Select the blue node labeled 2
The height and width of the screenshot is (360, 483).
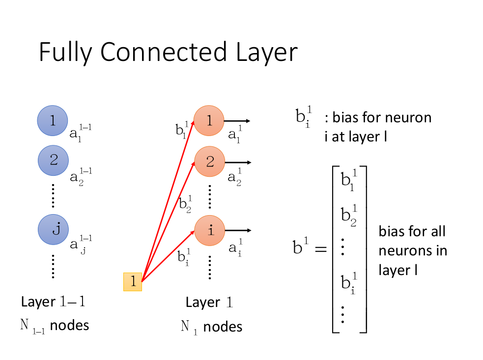click(x=54, y=160)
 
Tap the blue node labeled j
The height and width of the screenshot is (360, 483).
click(x=54, y=229)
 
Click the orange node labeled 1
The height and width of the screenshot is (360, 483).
click(x=209, y=121)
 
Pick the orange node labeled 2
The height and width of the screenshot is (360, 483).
click(x=210, y=162)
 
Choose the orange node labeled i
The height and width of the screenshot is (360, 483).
click(x=210, y=230)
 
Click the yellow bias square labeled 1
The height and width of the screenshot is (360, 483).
click(x=133, y=281)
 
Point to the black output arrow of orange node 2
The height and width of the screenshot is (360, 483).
click(x=238, y=162)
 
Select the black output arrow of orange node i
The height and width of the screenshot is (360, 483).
click(x=238, y=230)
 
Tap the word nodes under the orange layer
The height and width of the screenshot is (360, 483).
click(x=223, y=327)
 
